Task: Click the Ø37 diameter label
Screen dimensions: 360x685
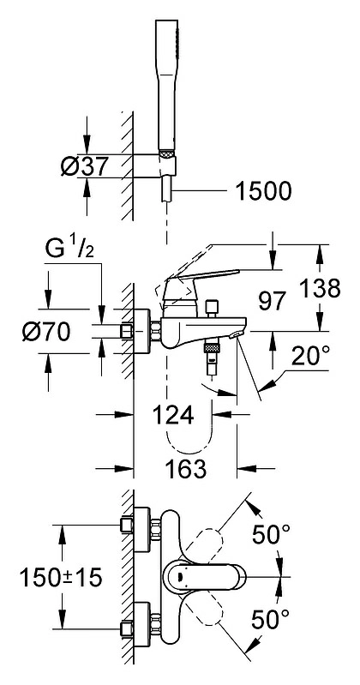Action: (84, 166)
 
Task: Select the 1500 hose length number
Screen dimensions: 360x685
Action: (263, 191)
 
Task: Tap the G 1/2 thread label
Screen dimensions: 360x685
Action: (69, 251)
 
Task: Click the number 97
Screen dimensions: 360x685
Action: (272, 302)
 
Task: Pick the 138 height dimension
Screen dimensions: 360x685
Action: (320, 289)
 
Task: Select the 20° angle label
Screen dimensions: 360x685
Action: (310, 356)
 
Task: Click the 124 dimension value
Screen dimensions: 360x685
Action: (173, 415)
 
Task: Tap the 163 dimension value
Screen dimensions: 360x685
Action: (185, 469)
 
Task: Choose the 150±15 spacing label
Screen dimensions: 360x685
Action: (61, 578)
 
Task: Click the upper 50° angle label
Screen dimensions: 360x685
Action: (272, 535)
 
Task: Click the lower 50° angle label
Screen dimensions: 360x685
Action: (270, 619)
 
